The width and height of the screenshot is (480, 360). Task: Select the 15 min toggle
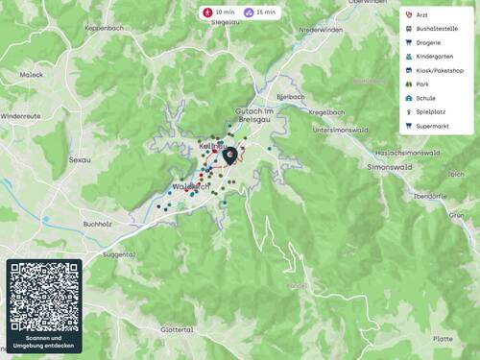260,12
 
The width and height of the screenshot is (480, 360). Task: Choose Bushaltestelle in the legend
433,29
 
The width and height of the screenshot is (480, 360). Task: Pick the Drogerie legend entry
428,43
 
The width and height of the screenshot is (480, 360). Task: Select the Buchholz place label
99,224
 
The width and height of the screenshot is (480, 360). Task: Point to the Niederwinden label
321,30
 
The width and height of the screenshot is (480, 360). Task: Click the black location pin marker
228,155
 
